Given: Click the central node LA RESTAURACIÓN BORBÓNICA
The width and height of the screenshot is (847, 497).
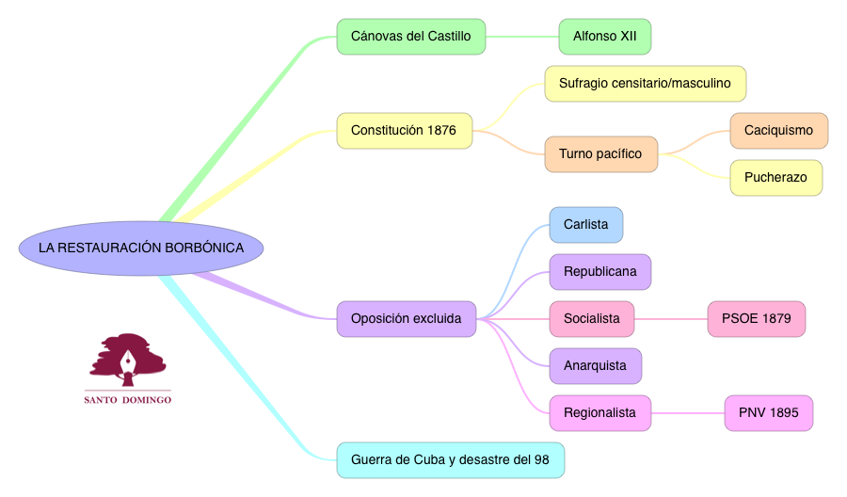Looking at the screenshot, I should click(x=141, y=248).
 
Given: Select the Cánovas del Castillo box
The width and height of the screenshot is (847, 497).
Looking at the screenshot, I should click(x=411, y=37).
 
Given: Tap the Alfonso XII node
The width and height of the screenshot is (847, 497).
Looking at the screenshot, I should click(x=605, y=37).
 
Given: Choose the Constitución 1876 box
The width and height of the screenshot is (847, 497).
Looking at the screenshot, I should click(x=404, y=130).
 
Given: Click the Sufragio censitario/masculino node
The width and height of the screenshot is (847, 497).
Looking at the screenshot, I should click(x=645, y=84).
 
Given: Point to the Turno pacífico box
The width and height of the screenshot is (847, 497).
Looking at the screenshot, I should click(x=600, y=153).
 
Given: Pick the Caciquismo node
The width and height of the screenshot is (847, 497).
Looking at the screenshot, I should click(x=778, y=131).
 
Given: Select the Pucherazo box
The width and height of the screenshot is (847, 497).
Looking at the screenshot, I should click(x=775, y=177).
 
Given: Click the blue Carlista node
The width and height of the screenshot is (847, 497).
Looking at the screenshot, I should click(x=585, y=225).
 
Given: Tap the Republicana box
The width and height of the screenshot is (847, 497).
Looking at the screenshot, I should click(x=599, y=272).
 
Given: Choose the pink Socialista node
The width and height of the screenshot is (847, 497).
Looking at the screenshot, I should click(x=591, y=319).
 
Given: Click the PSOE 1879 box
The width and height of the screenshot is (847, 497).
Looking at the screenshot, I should click(x=756, y=319).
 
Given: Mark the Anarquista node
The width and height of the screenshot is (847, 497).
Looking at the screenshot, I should click(x=595, y=366).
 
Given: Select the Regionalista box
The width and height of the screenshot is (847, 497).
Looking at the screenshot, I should click(x=599, y=412).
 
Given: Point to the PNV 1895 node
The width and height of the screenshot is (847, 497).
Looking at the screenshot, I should click(x=768, y=412).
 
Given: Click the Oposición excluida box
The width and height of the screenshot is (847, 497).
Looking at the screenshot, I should click(x=406, y=319).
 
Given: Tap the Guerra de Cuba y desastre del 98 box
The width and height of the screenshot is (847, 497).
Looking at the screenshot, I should click(x=450, y=460).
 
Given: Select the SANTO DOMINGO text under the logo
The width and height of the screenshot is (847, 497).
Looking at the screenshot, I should click(x=128, y=399).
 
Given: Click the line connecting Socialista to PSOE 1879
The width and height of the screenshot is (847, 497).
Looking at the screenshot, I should click(x=670, y=319).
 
